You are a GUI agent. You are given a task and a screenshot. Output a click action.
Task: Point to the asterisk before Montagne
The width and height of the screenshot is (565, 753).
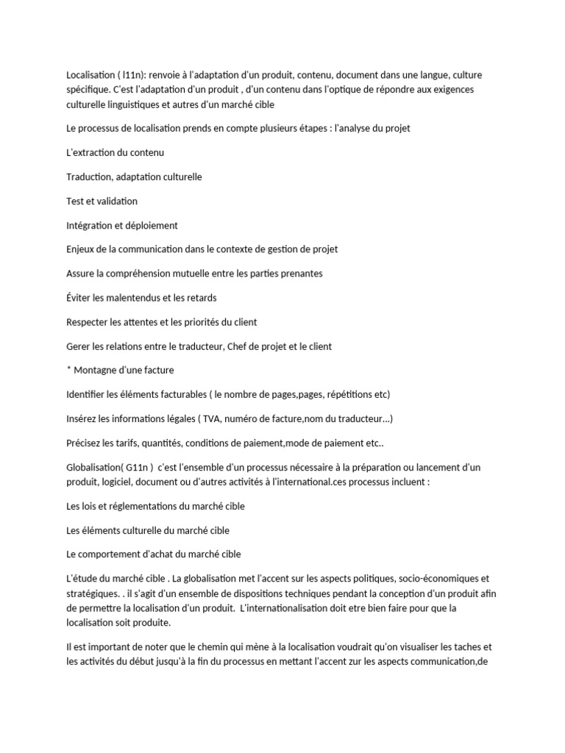68,368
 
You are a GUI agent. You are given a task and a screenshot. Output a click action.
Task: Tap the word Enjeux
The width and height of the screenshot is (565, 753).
80,249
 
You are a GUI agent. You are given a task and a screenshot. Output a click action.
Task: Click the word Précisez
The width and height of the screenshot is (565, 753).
86,443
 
